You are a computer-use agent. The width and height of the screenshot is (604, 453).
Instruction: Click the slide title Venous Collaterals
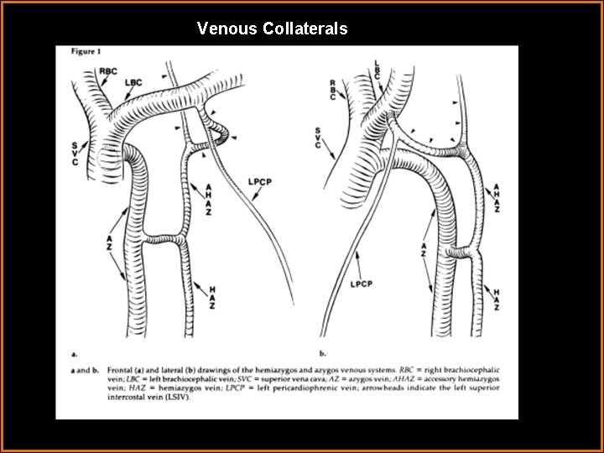click(272, 29)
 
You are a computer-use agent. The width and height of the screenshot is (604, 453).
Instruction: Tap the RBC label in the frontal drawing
click(108, 71)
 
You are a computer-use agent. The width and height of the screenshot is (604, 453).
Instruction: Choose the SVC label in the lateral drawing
click(318, 139)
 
